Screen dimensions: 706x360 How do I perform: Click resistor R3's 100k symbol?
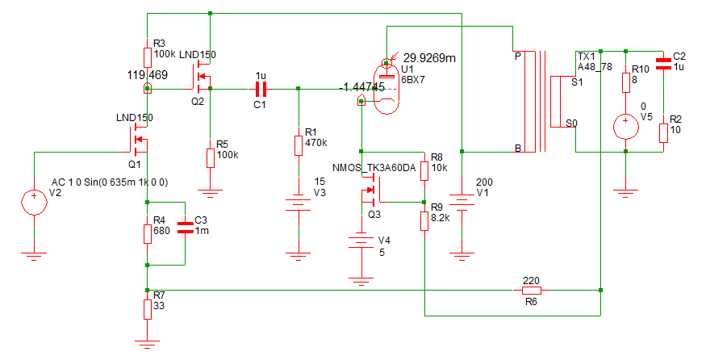(147, 57)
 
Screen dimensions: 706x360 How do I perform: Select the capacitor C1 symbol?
(261, 90)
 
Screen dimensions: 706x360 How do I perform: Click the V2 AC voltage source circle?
(34, 202)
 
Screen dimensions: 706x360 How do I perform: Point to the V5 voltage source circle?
(626, 126)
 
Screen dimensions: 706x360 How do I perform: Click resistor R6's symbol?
(532, 290)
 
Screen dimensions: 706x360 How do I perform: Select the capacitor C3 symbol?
(185, 228)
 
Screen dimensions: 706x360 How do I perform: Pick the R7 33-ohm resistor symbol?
(147, 309)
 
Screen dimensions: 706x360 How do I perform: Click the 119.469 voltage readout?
(147, 75)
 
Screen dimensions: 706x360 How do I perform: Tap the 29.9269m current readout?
(429, 58)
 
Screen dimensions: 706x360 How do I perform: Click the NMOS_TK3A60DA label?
(374, 168)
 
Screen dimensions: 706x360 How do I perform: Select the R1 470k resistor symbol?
(298, 145)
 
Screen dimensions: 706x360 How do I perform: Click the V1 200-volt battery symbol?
(462, 200)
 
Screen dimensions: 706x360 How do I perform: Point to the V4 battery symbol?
(361, 241)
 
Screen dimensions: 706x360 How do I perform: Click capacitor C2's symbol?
(663, 64)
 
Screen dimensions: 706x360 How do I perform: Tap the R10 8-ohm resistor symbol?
(626, 83)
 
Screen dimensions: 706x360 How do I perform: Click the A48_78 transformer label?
(595, 67)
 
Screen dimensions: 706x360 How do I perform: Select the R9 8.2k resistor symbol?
(424, 221)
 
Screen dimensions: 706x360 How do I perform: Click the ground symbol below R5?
(210, 194)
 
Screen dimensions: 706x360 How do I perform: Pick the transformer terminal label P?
(518, 57)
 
